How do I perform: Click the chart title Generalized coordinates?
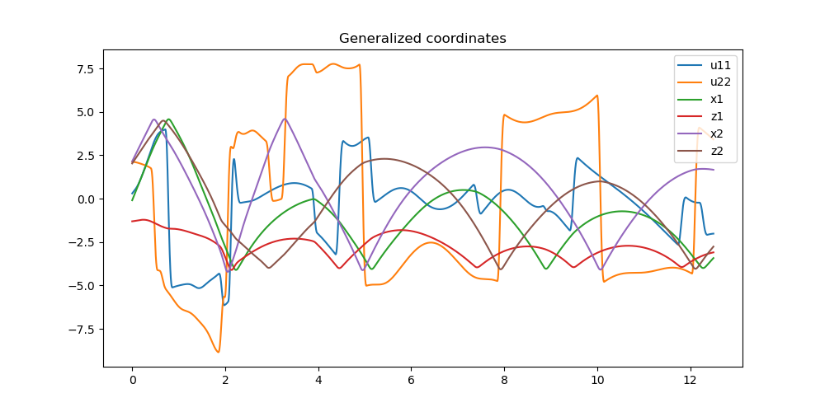[x=422, y=39]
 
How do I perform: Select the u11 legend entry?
[x=720, y=65]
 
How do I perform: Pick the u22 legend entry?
[x=720, y=82]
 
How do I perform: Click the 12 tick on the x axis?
[x=691, y=381]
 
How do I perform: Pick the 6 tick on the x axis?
[x=411, y=381]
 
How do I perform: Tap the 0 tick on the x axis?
[x=132, y=381]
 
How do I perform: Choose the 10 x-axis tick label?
[x=597, y=381]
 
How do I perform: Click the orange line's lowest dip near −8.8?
[x=219, y=352]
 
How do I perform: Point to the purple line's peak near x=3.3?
[x=285, y=119]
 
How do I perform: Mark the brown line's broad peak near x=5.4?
[x=384, y=159]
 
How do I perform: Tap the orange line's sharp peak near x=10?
[x=596, y=96]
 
